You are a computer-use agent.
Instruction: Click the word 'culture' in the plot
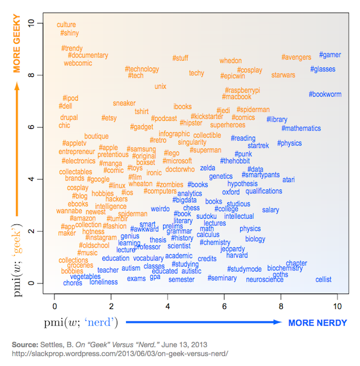(x=66, y=25)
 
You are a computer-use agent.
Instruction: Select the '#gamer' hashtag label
(x=330, y=55)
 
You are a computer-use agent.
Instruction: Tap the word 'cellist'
(x=323, y=279)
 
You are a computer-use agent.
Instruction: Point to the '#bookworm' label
(x=325, y=94)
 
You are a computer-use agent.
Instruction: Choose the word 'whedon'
(x=231, y=61)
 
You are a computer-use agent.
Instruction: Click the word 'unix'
(x=160, y=87)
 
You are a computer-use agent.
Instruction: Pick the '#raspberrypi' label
(x=242, y=91)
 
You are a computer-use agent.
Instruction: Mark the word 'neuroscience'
(x=264, y=279)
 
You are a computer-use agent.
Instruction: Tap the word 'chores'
(x=73, y=283)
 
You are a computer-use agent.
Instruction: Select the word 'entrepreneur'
(x=76, y=152)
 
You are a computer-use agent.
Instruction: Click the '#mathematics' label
(x=301, y=128)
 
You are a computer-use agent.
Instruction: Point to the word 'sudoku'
(x=206, y=216)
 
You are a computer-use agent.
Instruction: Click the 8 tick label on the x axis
(x=281, y=306)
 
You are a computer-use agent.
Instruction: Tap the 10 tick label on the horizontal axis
(x=337, y=306)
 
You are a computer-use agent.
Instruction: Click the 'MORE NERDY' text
(x=317, y=323)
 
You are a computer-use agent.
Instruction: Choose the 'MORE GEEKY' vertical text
(x=17, y=44)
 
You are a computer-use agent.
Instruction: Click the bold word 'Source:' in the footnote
(x=25, y=345)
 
